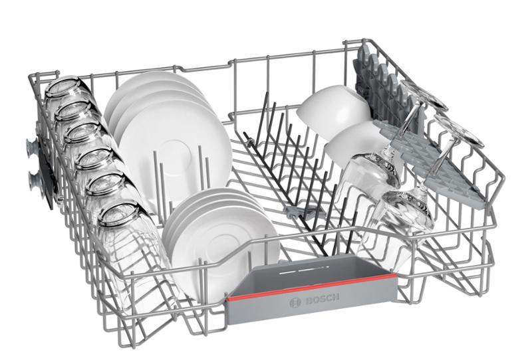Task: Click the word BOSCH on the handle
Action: coord(322,299)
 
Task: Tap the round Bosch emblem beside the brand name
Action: coord(295,302)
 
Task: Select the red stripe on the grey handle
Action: coord(312,288)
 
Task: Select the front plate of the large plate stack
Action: coord(175,149)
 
